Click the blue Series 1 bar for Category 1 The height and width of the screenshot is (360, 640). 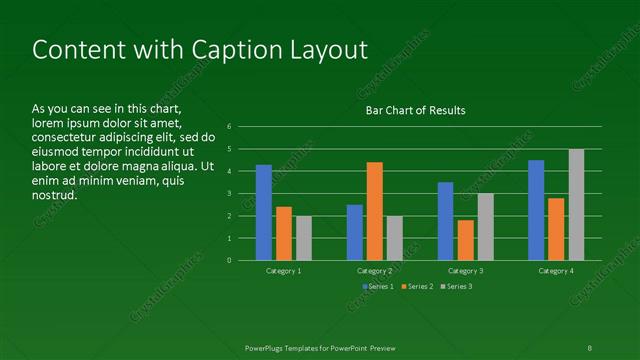pos(264,212)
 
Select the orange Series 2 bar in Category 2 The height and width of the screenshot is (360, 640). pos(375,211)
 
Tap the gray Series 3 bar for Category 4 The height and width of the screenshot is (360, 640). pos(576,204)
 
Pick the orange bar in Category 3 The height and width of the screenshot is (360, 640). pos(465,240)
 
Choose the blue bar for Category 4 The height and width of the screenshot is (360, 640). pos(536,210)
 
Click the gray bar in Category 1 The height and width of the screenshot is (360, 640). pos(304,238)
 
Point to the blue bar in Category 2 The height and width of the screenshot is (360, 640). pos(354,232)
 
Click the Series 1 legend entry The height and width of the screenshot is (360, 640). pos(377,287)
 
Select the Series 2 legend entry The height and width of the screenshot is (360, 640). pos(418,287)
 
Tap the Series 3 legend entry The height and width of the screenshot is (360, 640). pos(459,287)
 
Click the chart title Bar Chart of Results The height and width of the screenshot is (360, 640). pos(415,110)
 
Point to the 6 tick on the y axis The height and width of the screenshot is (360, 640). pos(229,127)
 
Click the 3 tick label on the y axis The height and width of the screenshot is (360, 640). pos(229,194)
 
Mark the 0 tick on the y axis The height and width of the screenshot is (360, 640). pos(229,261)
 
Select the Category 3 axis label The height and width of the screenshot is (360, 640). pos(465,271)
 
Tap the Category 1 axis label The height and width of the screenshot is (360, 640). pos(284,271)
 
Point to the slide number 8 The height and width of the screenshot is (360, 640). pos(590,347)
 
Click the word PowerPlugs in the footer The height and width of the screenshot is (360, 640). pos(267,347)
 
